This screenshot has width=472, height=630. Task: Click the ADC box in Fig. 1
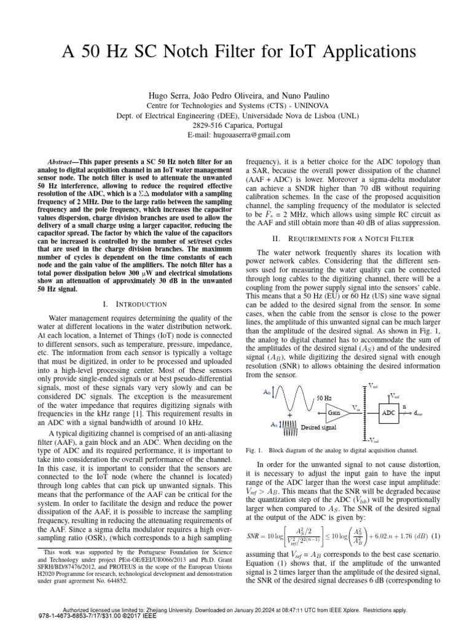click(388, 413)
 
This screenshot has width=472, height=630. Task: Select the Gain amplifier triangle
click(334, 412)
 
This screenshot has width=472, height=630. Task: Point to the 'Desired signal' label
click(318, 426)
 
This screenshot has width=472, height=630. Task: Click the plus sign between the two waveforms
click(289, 417)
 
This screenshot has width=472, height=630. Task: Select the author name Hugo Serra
click(167, 96)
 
